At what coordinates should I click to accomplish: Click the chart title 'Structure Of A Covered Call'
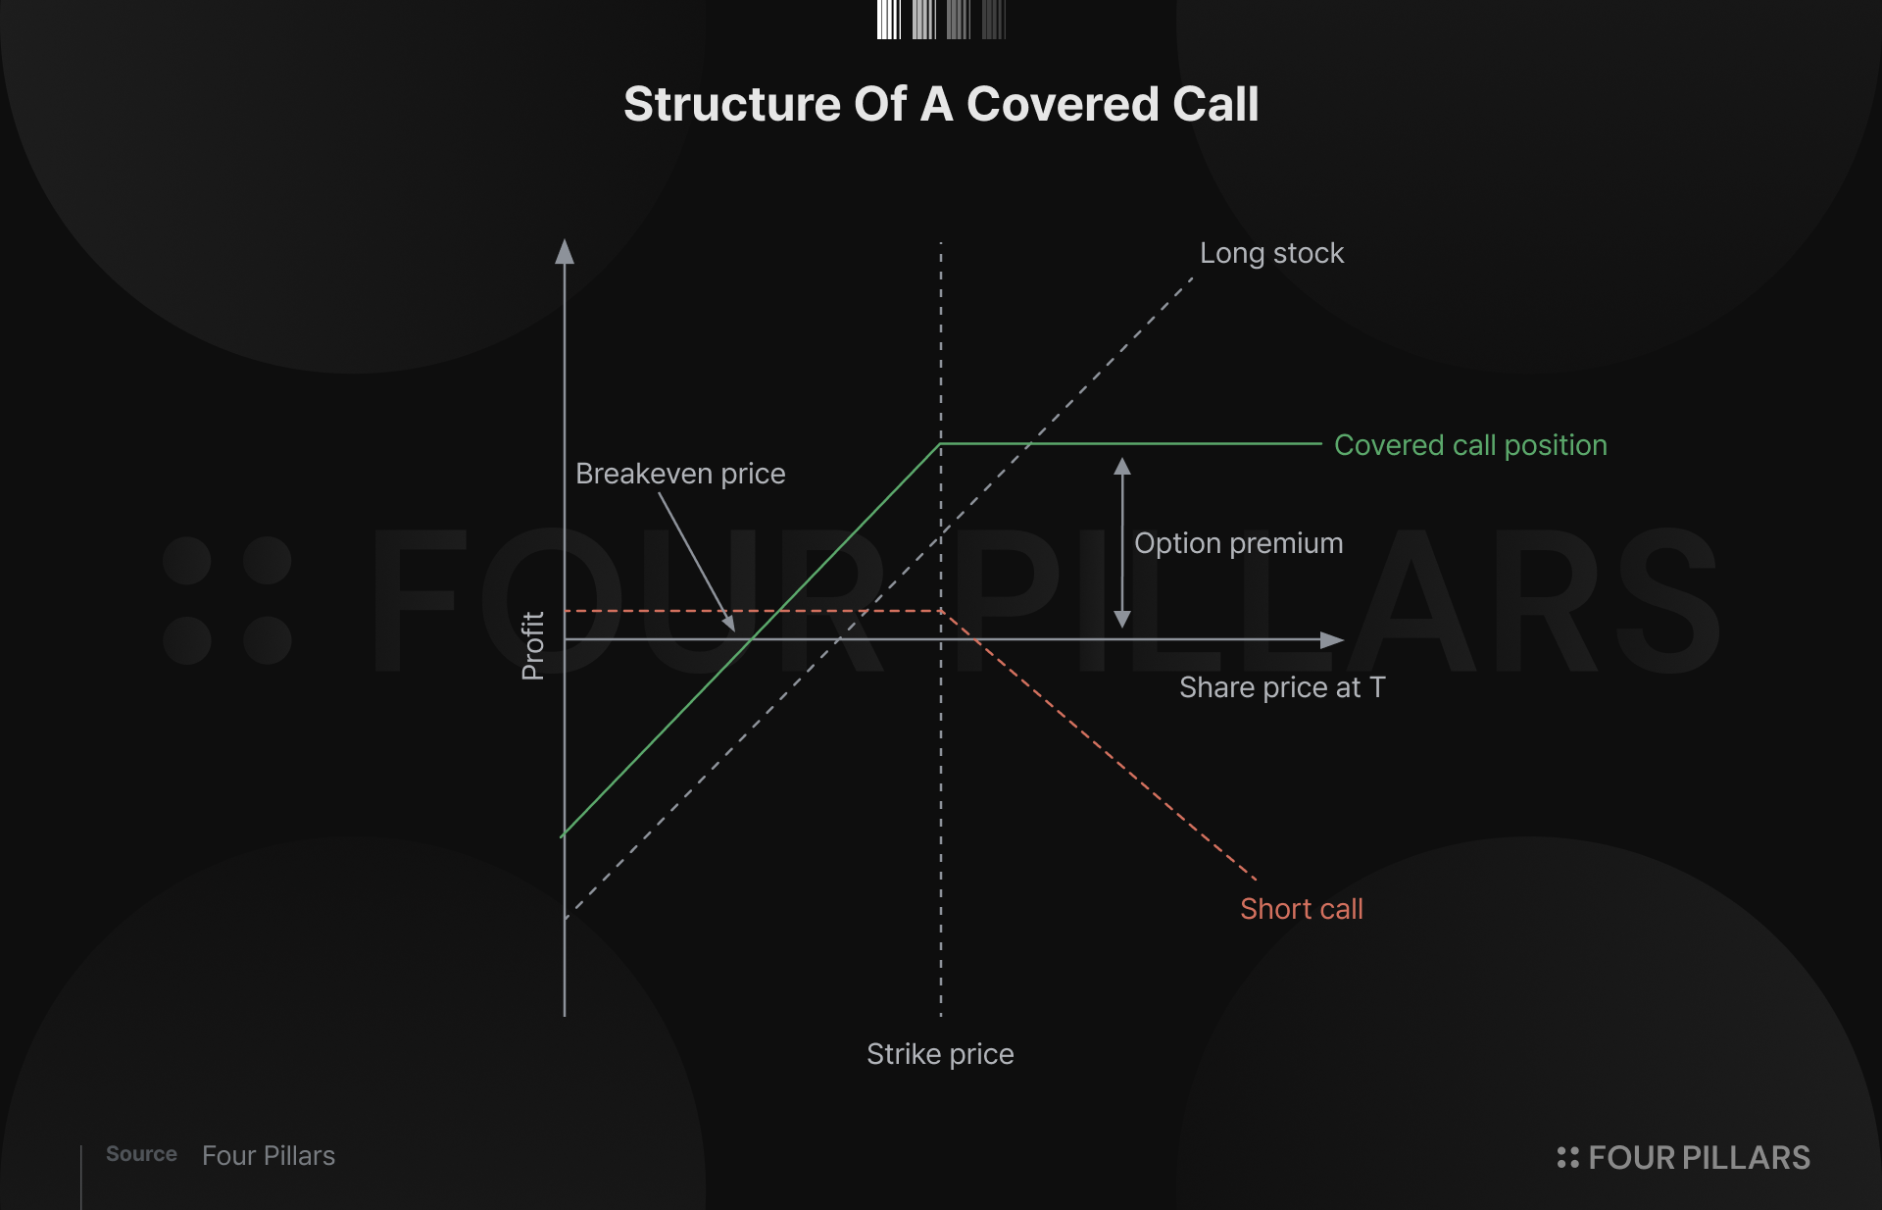coord(941,104)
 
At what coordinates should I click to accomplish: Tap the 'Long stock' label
coord(1271,253)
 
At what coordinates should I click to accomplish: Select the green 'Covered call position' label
coord(1470,445)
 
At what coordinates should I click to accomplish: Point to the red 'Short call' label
coord(1301,909)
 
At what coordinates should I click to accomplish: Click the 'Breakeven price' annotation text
coord(680,474)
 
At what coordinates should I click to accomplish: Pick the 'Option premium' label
coord(1239,543)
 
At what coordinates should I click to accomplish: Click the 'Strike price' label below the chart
coord(940,1054)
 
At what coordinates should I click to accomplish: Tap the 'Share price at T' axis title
coord(1282,687)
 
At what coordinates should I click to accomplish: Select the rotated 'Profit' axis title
coord(532,646)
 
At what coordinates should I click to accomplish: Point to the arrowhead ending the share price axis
coord(1333,640)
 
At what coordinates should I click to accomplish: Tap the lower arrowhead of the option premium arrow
coord(1122,620)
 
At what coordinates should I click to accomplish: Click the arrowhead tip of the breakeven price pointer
coord(734,630)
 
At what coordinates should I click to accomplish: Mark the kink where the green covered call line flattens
coord(940,444)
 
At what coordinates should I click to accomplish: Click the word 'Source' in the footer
coord(141,1154)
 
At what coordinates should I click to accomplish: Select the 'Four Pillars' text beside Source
coord(269,1156)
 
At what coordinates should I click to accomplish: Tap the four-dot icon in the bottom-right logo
coord(1568,1158)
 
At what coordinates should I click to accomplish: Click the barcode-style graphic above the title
coord(941,20)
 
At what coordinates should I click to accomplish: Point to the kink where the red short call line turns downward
coord(941,611)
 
